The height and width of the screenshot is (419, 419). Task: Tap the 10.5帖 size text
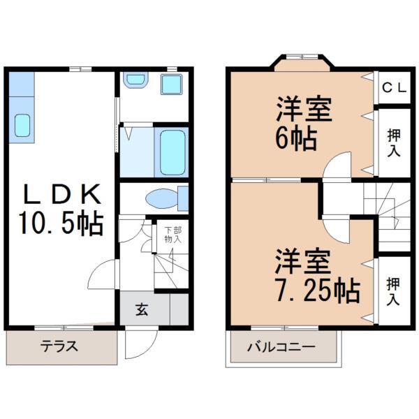tap(61, 224)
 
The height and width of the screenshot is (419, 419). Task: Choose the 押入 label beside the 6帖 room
tap(392, 142)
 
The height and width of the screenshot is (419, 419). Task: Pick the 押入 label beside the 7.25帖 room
tap(392, 291)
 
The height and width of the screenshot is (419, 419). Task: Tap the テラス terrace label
tap(59, 346)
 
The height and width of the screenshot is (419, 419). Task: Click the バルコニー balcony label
tap(282, 347)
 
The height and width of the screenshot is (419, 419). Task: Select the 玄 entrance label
tap(142, 309)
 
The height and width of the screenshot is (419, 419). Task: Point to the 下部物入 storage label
tap(172, 235)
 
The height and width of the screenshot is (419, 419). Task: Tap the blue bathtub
tap(172, 152)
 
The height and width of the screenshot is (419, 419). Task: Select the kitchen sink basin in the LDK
tap(22, 126)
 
